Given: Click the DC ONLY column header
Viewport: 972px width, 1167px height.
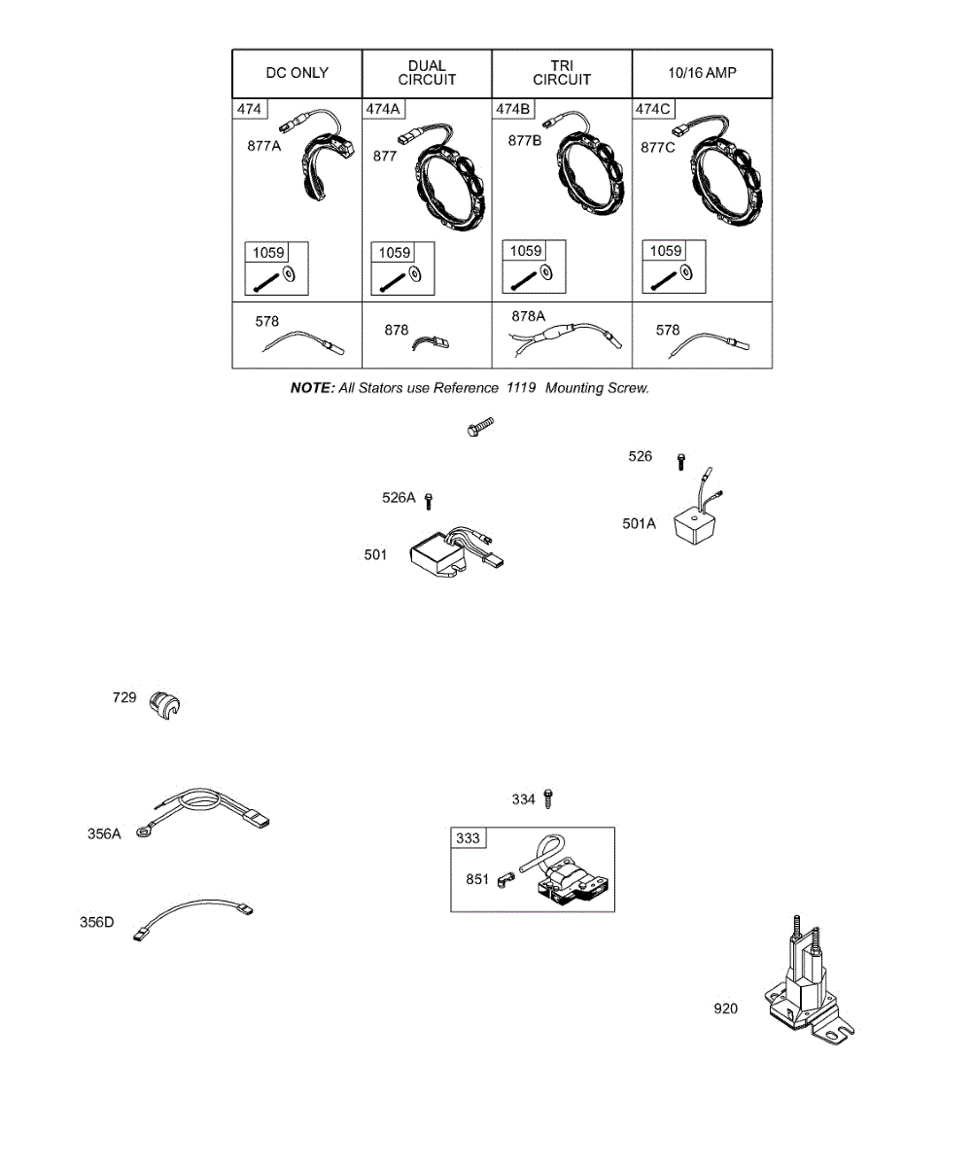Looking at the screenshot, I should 296,73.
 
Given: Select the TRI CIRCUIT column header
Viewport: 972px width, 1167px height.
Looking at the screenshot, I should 562,73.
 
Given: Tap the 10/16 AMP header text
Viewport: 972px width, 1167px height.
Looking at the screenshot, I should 702,73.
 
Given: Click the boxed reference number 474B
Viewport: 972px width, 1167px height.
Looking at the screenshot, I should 512,109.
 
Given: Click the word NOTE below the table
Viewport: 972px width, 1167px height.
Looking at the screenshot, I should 311,388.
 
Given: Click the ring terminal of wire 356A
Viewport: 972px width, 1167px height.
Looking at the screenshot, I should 144,831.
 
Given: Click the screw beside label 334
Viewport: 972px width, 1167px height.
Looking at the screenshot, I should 549,798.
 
